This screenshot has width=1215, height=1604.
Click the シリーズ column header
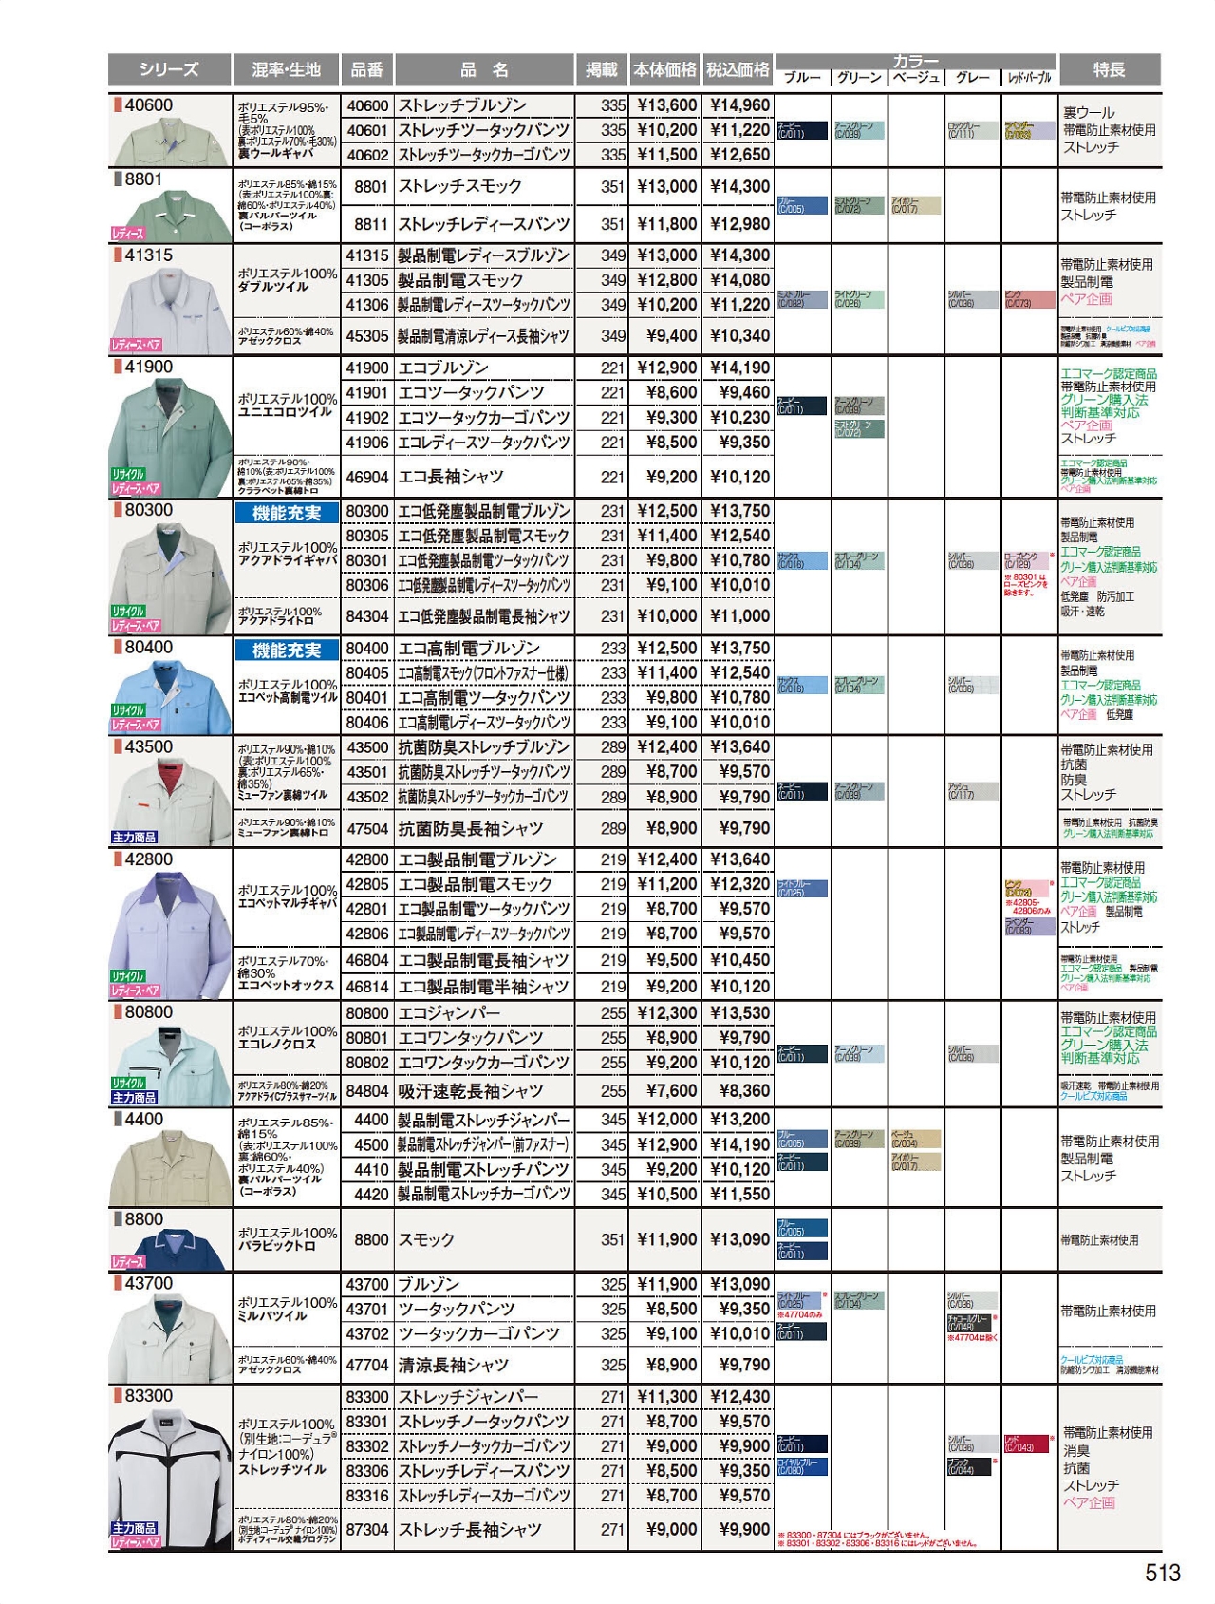tap(169, 69)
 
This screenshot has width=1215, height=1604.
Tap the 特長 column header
tap(1109, 69)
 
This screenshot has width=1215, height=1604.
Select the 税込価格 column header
tap(738, 69)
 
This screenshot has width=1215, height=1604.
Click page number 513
tap(1162, 1573)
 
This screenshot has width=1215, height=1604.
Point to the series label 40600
tap(149, 104)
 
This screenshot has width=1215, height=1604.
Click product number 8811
tap(370, 224)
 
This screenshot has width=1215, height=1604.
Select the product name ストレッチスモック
tap(459, 186)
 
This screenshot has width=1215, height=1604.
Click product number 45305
tap(367, 335)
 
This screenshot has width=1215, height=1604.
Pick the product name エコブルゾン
tap(443, 368)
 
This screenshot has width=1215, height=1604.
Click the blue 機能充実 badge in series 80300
tap(287, 513)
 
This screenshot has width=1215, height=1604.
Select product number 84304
tap(367, 616)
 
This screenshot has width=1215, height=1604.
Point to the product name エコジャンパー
tap(449, 1013)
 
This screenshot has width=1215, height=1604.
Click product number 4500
tap(371, 1144)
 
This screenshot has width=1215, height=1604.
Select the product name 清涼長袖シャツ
tap(454, 1365)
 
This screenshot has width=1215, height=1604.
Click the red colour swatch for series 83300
tap(1025, 1444)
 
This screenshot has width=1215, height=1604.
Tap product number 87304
tap(367, 1529)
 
